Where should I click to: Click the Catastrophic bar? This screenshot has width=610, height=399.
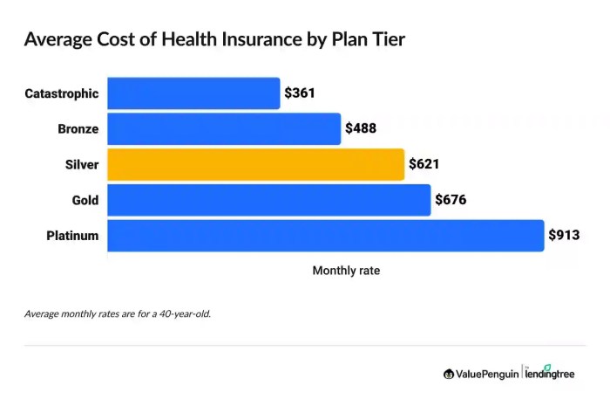pyautogui.click(x=193, y=93)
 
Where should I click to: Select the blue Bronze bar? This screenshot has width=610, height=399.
pyautogui.click(x=224, y=128)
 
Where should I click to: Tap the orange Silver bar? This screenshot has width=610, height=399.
pyautogui.click(x=256, y=164)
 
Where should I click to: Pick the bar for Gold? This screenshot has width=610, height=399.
pyautogui.click(x=269, y=200)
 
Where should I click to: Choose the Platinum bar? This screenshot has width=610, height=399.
pyautogui.click(x=326, y=235)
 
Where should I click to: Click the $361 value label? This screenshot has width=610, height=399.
pyautogui.click(x=301, y=93)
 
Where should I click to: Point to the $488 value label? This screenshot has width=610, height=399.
pyautogui.click(x=362, y=128)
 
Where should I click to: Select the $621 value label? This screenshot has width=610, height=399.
pyautogui.click(x=425, y=164)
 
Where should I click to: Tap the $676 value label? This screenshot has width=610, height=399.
pyautogui.click(x=451, y=200)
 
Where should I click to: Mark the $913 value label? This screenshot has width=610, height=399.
pyautogui.click(x=565, y=235)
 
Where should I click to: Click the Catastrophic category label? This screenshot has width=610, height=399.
pyautogui.click(x=61, y=93)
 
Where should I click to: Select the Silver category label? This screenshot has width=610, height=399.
pyautogui.click(x=80, y=164)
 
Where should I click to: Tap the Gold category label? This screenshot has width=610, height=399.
pyautogui.click(x=85, y=200)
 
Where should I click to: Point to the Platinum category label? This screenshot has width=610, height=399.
pyautogui.click(x=71, y=236)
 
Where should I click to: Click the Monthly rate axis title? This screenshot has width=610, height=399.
pyautogui.click(x=346, y=271)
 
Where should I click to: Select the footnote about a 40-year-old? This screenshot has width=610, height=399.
pyautogui.click(x=118, y=313)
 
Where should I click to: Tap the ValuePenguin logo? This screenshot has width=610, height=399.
pyautogui.click(x=480, y=374)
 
